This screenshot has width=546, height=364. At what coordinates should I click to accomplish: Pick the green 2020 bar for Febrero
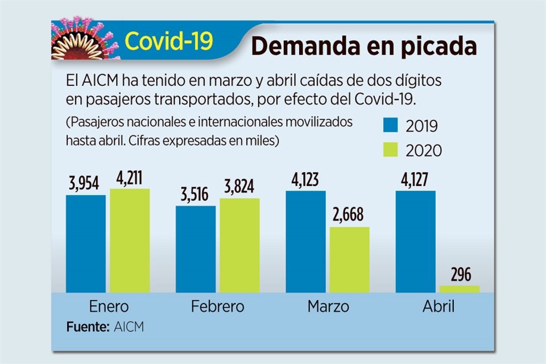pos(239,245)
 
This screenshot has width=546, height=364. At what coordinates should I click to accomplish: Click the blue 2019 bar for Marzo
pos(305,242)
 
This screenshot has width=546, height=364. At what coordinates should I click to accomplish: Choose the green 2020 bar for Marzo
pos(349,259)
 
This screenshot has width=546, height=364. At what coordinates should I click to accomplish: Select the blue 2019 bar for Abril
pos(415,242)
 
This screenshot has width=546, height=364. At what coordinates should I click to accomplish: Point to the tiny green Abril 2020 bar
pos(460,289)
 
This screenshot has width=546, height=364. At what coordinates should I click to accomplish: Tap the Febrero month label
pos(218,307)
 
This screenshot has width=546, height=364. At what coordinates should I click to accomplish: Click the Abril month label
pos(439,307)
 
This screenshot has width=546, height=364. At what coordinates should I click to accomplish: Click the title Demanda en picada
pos(364,45)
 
